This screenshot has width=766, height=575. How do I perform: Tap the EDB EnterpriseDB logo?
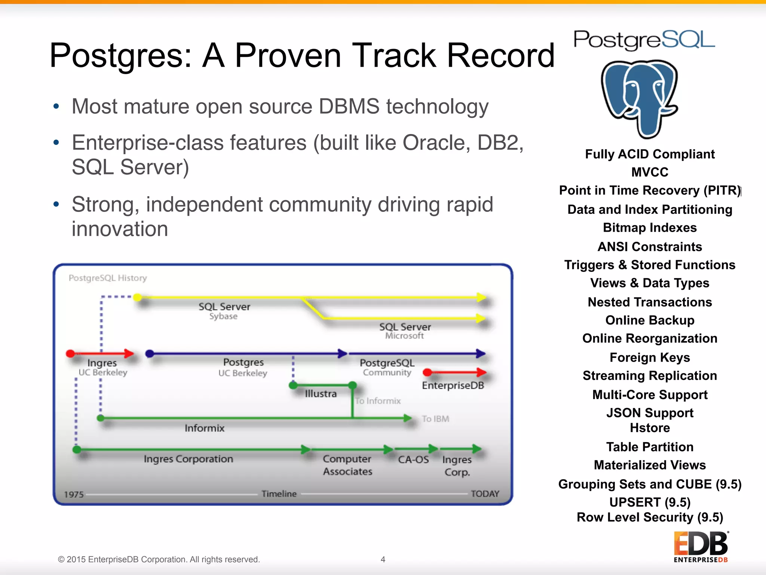701,547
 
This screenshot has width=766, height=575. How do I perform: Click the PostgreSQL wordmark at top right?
644,40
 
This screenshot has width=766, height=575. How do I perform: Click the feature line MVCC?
650,172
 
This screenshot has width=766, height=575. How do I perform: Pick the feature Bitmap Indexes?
650,228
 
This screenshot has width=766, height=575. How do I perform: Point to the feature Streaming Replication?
650,375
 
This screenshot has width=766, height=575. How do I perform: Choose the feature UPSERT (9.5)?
650,502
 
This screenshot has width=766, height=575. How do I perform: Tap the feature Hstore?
650,428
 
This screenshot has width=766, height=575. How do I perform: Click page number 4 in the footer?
383,559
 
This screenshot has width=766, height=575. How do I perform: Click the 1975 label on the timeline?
74,495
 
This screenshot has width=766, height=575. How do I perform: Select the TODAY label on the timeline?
485,494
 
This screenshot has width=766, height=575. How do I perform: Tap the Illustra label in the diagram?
321,394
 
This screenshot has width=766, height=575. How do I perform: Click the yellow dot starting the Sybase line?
138,297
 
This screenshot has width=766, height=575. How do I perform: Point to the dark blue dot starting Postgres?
150,353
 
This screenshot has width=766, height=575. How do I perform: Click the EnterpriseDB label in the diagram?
453,386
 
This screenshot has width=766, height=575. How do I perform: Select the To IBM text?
435,419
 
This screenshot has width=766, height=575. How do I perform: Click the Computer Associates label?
347,465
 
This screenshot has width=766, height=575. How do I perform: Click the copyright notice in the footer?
159,559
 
